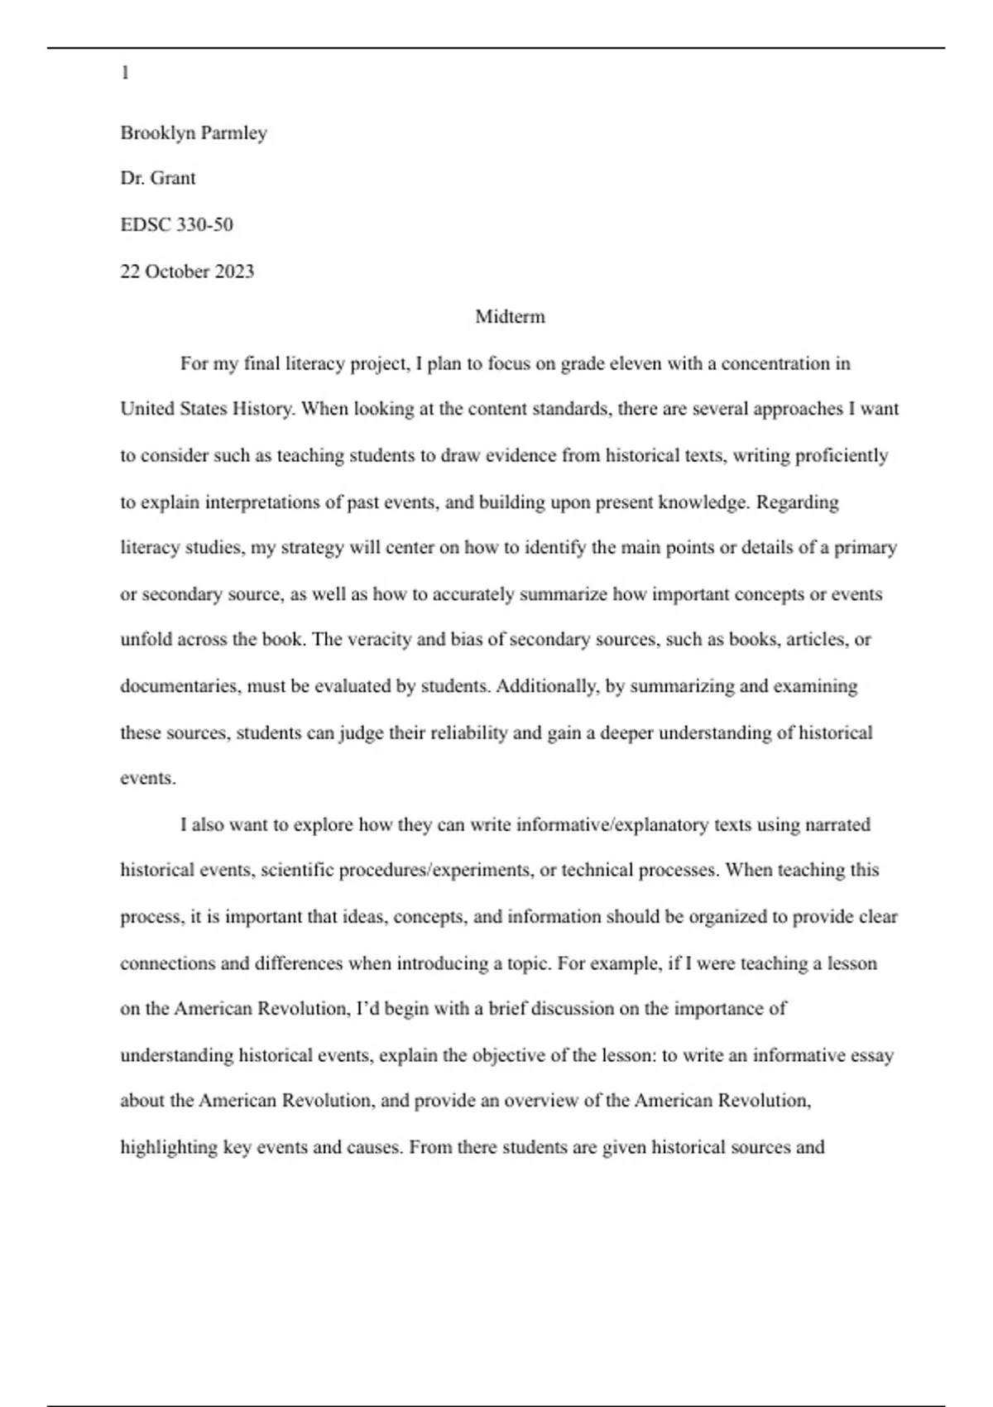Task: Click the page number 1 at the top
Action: coord(125,74)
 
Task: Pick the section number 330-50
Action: coord(204,225)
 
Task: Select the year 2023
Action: coord(234,271)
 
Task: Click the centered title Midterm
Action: coord(510,317)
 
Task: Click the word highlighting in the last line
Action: coord(170,1148)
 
